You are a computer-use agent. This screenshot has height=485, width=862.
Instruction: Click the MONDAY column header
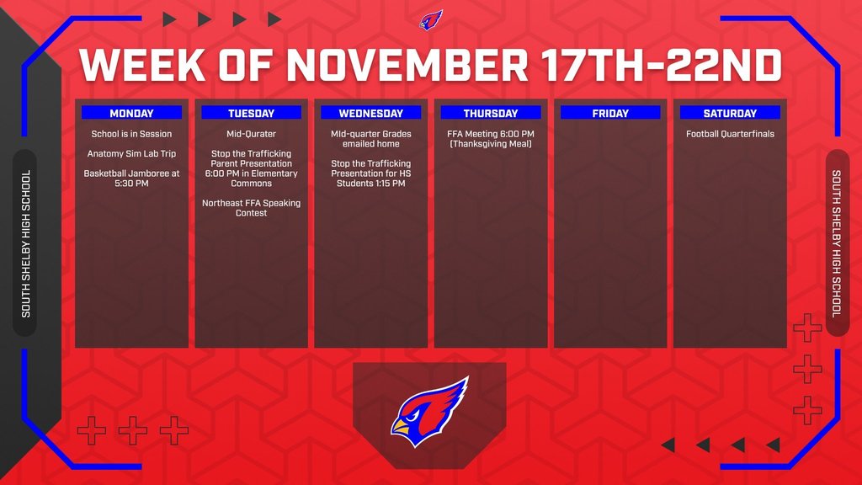click(x=131, y=113)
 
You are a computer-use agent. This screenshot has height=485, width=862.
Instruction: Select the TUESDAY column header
click(x=251, y=113)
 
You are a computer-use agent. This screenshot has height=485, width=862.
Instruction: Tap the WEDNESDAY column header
click(x=370, y=113)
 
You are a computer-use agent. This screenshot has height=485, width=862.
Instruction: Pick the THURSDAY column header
click(x=491, y=113)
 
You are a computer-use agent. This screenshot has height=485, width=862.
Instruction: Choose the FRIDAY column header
click(x=610, y=113)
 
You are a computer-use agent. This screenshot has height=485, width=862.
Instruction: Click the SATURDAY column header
click(x=730, y=113)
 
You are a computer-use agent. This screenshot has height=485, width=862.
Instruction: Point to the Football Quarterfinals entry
click(x=730, y=134)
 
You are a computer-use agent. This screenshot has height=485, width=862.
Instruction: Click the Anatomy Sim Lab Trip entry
click(x=131, y=154)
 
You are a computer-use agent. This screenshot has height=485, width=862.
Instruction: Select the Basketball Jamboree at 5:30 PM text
click(x=131, y=178)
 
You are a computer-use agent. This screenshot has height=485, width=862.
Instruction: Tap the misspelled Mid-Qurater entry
click(x=251, y=134)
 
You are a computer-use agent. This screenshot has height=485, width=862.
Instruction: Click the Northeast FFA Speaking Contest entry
click(x=251, y=208)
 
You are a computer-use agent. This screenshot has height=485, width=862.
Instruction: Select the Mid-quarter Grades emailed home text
click(x=370, y=138)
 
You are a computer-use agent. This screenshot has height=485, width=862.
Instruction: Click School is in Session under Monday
click(x=131, y=134)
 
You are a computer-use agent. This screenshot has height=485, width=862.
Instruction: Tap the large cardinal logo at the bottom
click(x=429, y=412)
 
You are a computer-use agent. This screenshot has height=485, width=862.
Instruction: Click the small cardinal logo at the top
click(x=431, y=19)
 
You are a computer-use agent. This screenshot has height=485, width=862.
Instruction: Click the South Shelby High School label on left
click(x=25, y=243)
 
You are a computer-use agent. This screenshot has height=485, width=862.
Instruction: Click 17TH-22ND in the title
click(x=662, y=66)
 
